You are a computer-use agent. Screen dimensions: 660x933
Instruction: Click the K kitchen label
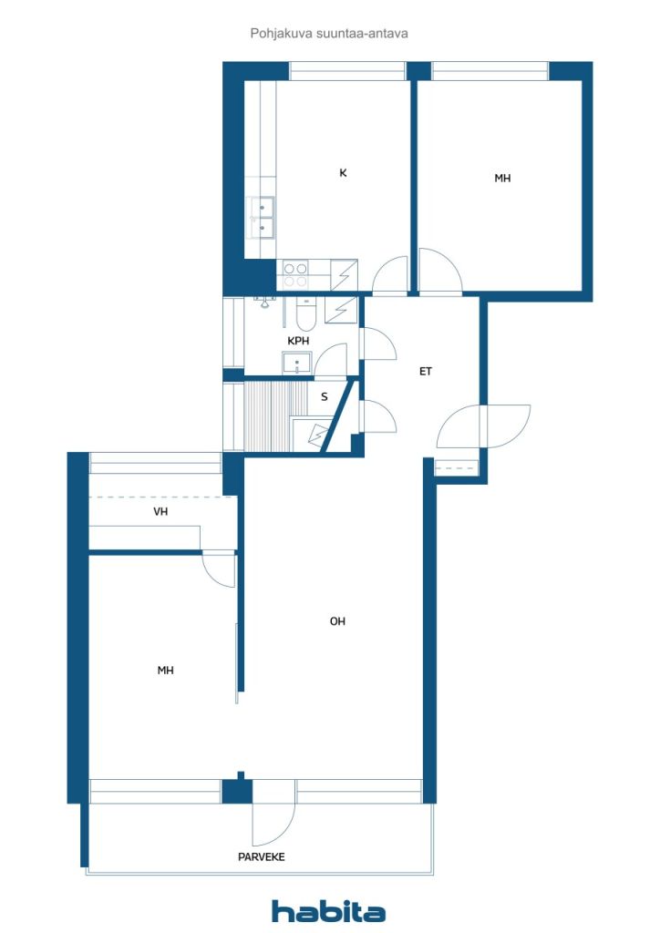tap(343, 172)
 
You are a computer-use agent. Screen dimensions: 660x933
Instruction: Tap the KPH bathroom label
tap(298, 341)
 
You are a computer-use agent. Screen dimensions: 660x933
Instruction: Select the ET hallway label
tap(426, 372)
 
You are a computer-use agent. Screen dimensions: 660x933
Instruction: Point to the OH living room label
tap(337, 621)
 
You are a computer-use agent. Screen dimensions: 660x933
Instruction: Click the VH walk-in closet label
tap(160, 511)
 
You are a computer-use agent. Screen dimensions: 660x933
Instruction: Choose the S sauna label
tap(325, 397)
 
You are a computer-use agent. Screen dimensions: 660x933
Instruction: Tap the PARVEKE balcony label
tap(262, 856)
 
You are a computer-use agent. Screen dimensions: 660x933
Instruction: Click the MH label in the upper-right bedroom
tap(502, 178)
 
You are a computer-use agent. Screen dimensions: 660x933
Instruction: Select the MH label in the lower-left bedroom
tap(165, 671)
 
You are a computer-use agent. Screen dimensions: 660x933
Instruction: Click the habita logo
tap(328, 911)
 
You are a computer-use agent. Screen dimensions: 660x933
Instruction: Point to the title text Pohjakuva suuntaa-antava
tap(329, 34)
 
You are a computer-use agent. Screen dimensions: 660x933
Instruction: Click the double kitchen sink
tap(262, 218)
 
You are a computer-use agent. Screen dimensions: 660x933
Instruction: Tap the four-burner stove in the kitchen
tap(295, 275)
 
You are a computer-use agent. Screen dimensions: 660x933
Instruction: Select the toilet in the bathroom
tap(306, 314)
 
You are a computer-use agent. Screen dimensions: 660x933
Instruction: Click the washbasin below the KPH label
tap(297, 363)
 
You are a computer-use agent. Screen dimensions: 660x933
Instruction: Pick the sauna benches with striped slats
tap(275, 415)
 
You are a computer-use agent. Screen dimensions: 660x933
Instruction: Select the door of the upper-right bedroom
tap(439, 271)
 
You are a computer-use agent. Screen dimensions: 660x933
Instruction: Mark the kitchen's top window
tap(347, 71)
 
